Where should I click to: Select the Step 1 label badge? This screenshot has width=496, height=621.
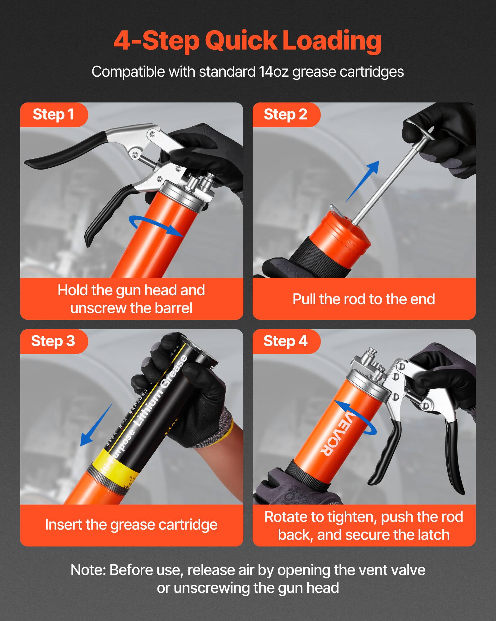53,115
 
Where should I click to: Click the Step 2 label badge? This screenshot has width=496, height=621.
285,115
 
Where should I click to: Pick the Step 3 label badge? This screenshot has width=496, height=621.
53,341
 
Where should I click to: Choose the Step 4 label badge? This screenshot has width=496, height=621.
285,341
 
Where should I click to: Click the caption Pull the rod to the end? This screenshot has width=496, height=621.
364,299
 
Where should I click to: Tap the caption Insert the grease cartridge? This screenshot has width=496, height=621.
131,525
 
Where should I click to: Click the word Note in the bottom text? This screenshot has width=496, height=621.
88,570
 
